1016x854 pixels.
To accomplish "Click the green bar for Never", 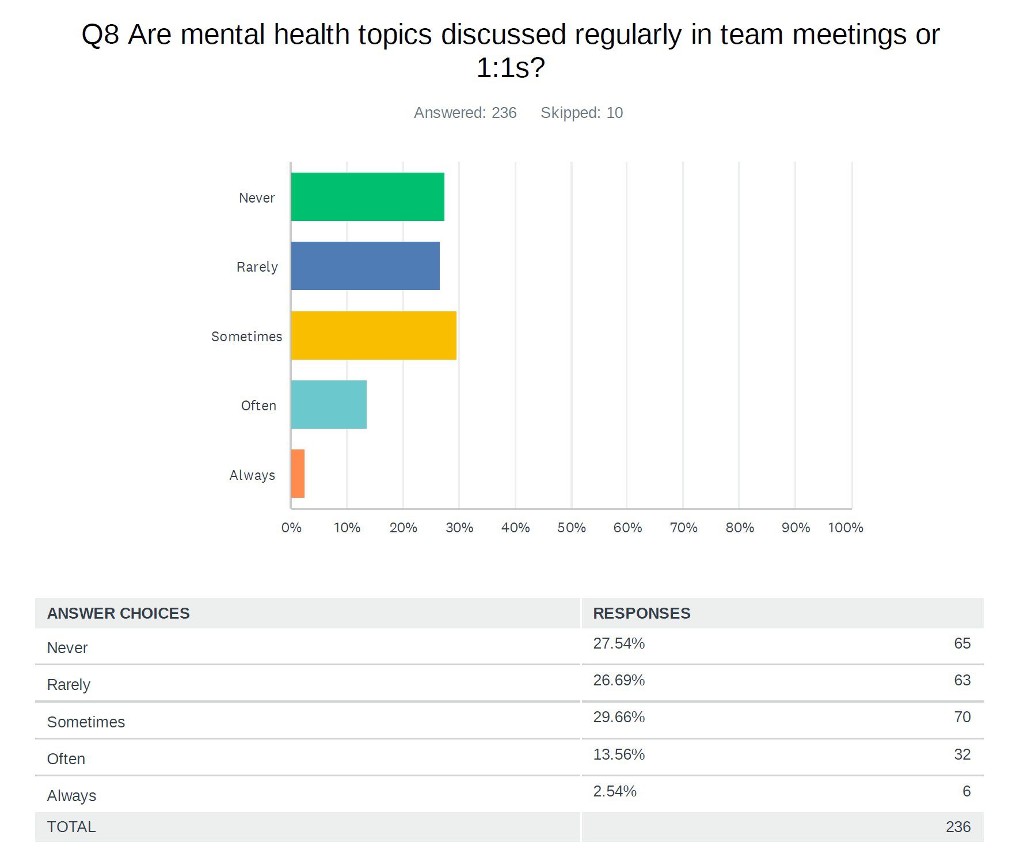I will (x=367, y=197).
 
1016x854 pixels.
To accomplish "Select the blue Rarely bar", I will (x=365, y=266).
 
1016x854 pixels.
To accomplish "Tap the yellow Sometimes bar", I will (x=374, y=335).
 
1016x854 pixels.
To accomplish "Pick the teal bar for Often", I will (x=329, y=405).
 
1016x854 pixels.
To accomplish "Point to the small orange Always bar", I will (x=298, y=474).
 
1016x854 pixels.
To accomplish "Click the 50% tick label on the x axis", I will (x=571, y=528).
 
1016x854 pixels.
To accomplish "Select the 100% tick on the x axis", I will (x=845, y=528).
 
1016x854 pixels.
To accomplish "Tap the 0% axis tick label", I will (x=291, y=528).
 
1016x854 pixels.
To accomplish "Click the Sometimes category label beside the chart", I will (x=246, y=337).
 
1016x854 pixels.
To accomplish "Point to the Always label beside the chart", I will (x=252, y=475).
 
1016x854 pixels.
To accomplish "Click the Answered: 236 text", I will (x=465, y=113).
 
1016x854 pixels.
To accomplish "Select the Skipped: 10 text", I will (x=581, y=113).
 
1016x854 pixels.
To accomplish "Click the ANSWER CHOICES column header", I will (x=118, y=613).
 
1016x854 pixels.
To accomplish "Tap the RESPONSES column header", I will (x=641, y=613).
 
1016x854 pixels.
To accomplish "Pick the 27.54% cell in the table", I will (x=619, y=643).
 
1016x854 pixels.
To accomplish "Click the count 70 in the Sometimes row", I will (x=962, y=717).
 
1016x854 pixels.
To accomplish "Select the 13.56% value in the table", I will (x=619, y=754).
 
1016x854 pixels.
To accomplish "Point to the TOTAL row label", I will (x=71, y=827).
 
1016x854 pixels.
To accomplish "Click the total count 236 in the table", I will (x=958, y=827).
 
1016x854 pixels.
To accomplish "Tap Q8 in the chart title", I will (x=100, y=35).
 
